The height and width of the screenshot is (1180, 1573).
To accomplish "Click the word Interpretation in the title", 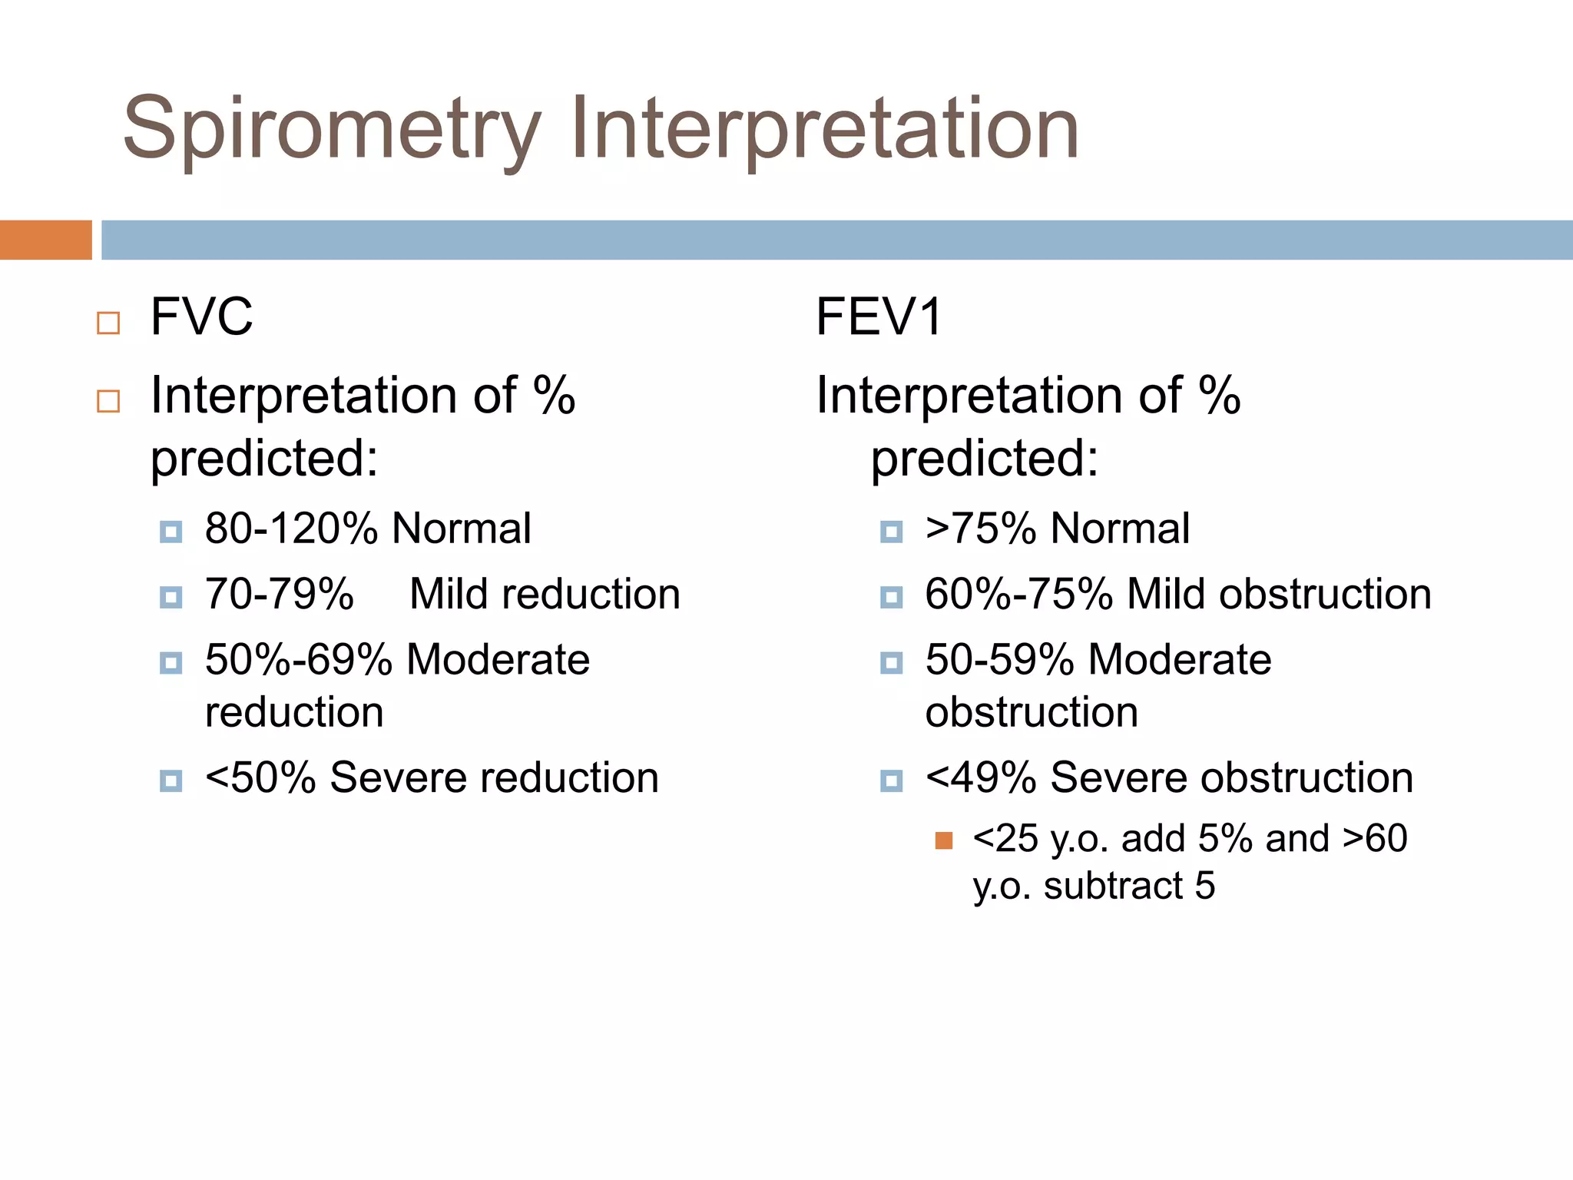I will pos(824,129).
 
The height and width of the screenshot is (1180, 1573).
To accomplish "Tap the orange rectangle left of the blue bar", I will pos(45,240).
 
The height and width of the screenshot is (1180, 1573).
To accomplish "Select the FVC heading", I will pos(201,317).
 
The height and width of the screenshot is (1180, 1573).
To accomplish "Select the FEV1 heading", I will pos(879,317).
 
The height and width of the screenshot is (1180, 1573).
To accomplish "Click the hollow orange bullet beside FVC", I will pos(108,323).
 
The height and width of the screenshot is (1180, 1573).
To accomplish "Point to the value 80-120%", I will pos(291,529).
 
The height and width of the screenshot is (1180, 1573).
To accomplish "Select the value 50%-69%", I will pos(299,659).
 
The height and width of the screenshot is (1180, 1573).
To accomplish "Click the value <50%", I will pos(260,777).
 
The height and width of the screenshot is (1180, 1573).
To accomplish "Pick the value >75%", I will pos(981,529).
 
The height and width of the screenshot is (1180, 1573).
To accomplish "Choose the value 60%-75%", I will pos(1018,594).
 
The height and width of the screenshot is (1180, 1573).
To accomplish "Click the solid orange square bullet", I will pos(944,840).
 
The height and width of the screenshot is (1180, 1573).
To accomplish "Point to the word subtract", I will pos(1112,885).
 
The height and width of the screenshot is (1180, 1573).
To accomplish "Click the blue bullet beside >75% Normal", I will pos(891,532).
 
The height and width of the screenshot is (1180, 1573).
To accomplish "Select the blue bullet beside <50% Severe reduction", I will pos(171,781).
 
